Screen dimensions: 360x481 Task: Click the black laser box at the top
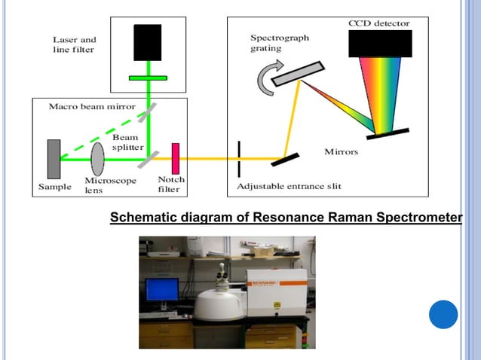click(x=147, y=42)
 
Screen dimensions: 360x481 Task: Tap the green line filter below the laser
click(x=148, y=77)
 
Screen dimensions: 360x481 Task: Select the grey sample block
click(x=53, y=158)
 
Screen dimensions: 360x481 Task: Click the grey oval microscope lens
click(x=98, y=158)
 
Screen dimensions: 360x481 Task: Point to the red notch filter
click(x=174, y=158)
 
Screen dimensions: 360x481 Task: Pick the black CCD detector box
click(x=379, y=44)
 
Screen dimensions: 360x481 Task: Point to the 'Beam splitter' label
click(x=125, y=142)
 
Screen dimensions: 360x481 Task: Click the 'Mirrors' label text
click(x=341, y=153)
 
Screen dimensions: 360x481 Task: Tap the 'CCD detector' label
click(x=379, y=23)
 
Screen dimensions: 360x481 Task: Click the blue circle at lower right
click(x=443, y=314)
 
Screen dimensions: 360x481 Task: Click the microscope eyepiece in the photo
click(x=223, y=273)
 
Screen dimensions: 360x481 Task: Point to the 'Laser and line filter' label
click(x=75, y=44)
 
